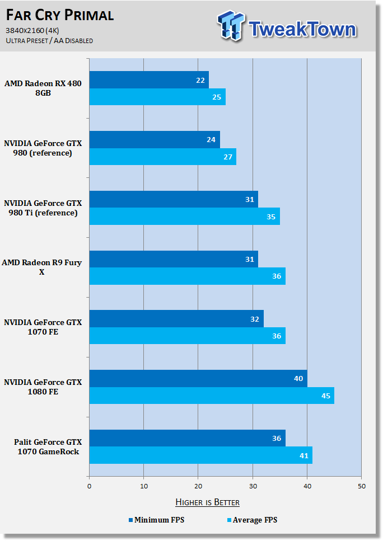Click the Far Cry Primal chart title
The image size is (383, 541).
60,15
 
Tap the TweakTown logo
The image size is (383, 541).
287,26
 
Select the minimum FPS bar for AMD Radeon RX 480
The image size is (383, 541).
149,79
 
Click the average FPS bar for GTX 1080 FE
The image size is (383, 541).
212,396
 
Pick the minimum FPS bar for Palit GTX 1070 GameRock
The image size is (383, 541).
187,438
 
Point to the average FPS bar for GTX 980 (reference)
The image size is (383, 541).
162,157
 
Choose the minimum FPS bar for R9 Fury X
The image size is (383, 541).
174,259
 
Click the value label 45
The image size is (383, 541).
326,396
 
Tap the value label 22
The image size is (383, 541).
200,81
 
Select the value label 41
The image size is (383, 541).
304,456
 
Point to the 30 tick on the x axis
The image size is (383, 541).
253,486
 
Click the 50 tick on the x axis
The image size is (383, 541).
362,486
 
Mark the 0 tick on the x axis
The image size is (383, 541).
90,486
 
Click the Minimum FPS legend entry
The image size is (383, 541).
156,520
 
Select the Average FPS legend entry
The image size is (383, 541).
253,520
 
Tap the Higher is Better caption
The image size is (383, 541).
208,502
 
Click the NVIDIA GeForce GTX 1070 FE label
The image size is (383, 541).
43,327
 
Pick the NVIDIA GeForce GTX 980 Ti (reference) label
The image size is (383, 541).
43,208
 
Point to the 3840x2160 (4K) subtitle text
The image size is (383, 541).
32,31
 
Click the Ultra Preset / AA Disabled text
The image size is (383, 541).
49,41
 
